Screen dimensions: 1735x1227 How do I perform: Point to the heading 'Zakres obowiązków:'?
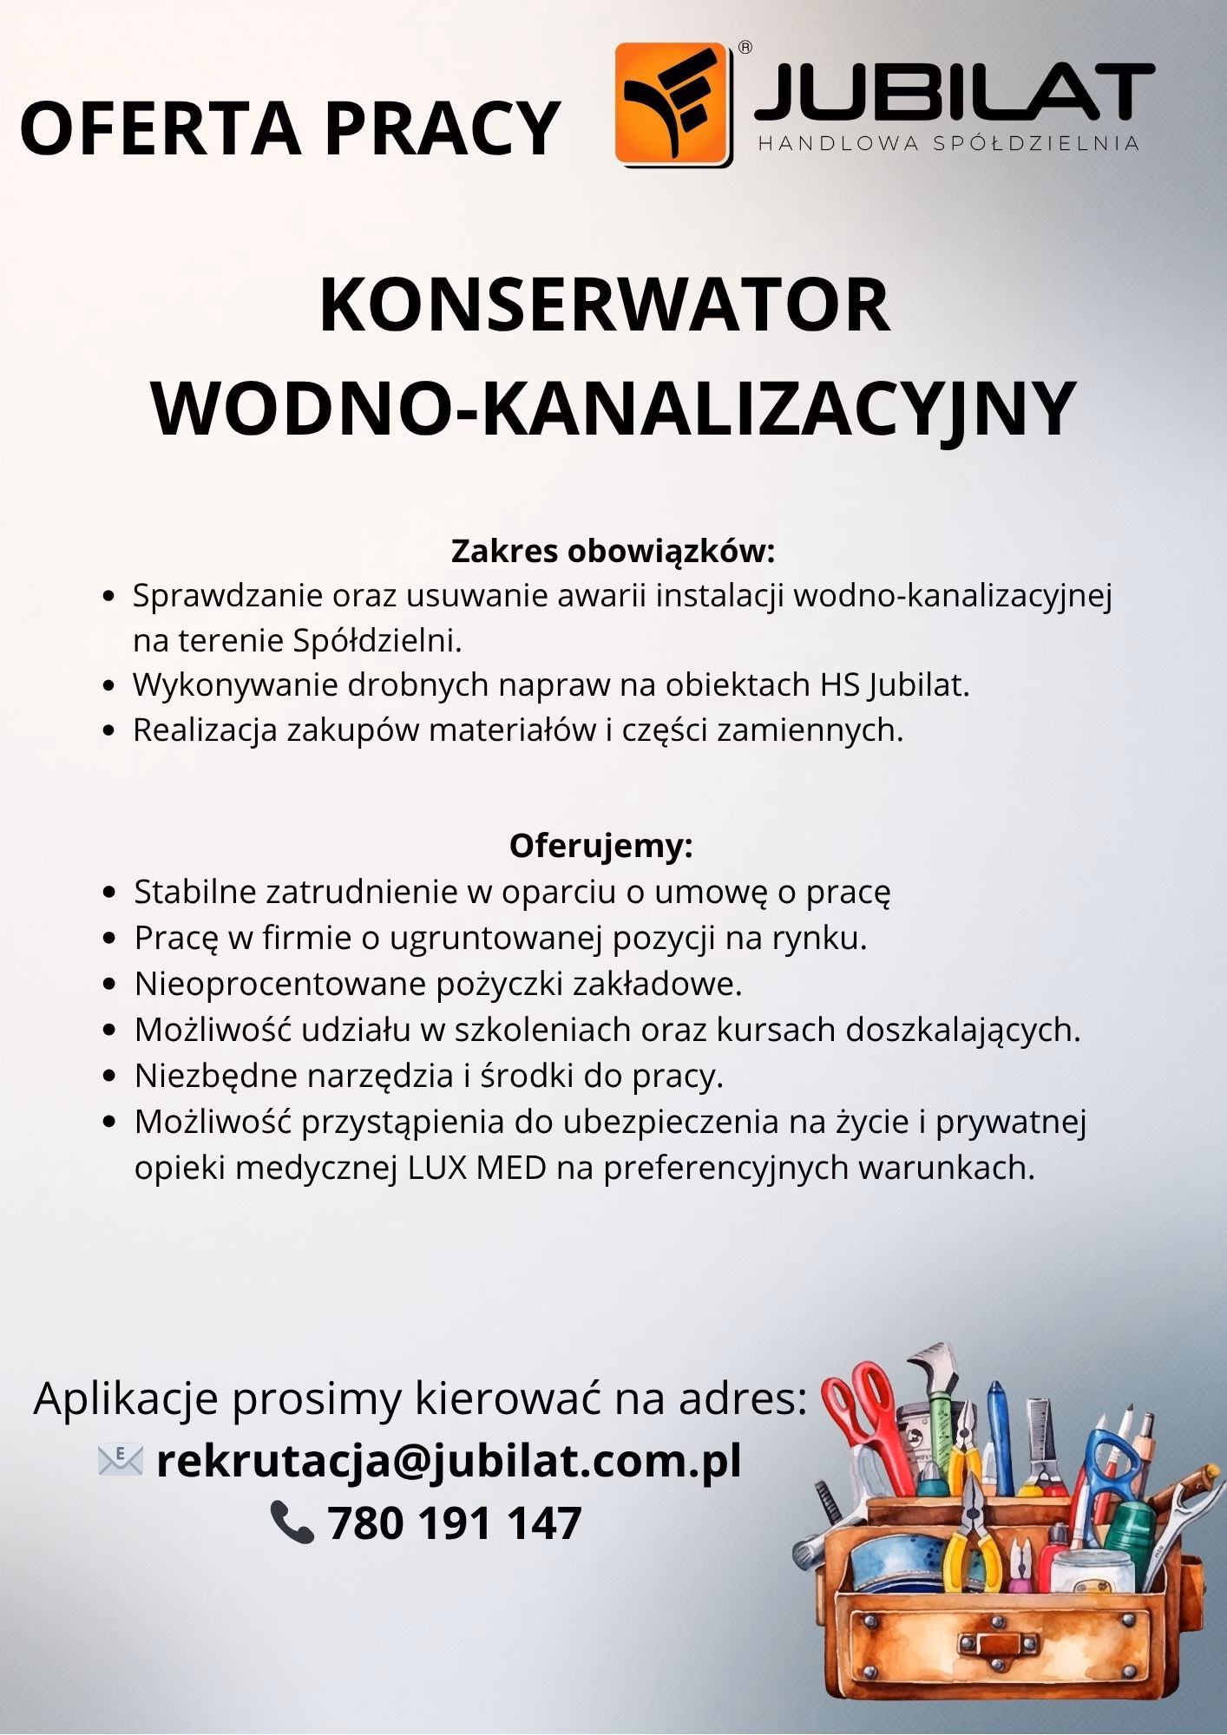coord(612,551)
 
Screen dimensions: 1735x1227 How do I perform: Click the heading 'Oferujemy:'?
coord(601,846)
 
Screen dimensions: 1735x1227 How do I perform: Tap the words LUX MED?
coord(477,1169)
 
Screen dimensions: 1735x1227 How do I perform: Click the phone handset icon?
coord(292,1524)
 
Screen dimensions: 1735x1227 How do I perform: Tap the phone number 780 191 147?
coord(454,1524)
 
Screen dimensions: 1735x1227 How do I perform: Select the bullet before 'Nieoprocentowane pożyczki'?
coord(108,985)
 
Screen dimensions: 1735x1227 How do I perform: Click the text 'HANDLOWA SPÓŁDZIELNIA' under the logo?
coord(948,144)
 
